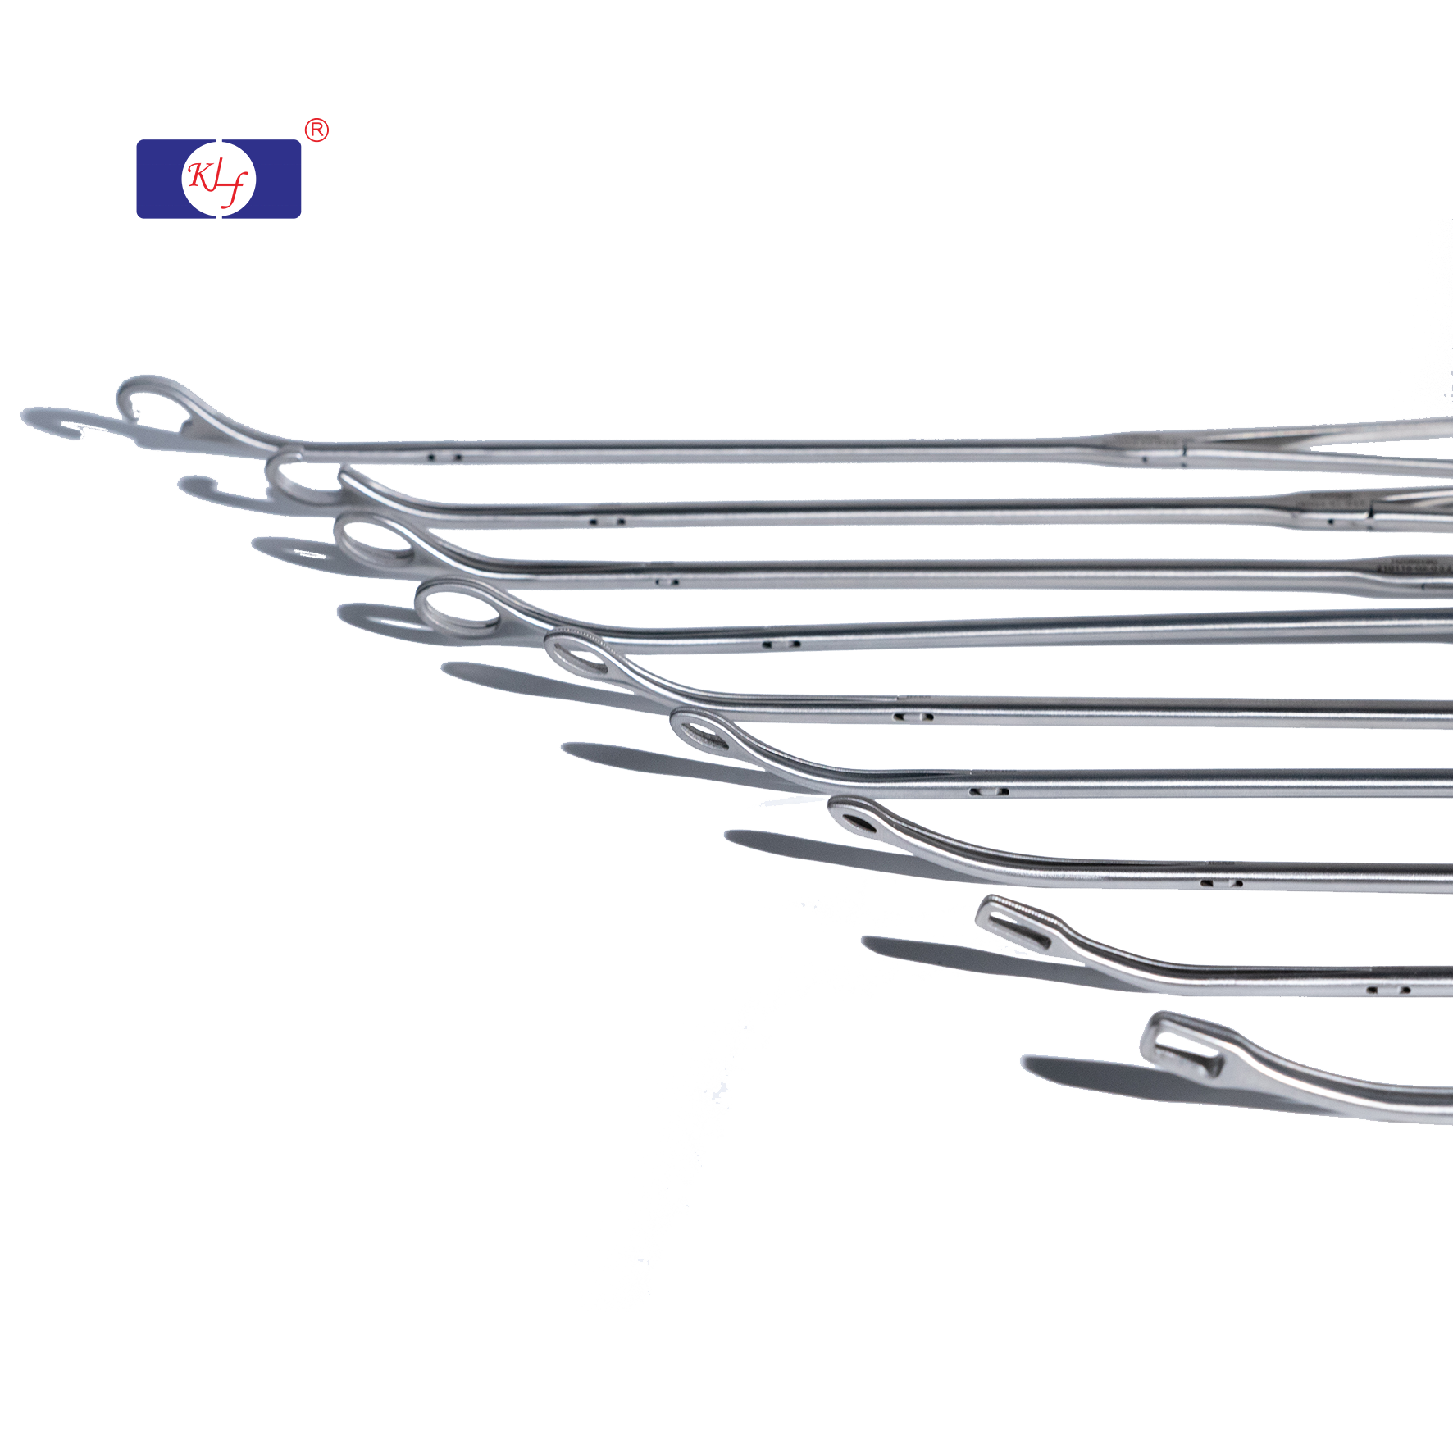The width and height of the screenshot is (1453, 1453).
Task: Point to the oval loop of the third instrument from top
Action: [376, 541]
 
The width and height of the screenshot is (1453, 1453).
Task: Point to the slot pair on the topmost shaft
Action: [445, 457]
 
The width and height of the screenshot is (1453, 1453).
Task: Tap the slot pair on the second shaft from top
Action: [608, 521]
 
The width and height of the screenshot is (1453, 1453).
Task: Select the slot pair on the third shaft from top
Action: [667, 583]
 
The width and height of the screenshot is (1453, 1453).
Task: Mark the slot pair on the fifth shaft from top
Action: [913, 717]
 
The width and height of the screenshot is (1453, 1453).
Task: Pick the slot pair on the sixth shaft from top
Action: [988, 792]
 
